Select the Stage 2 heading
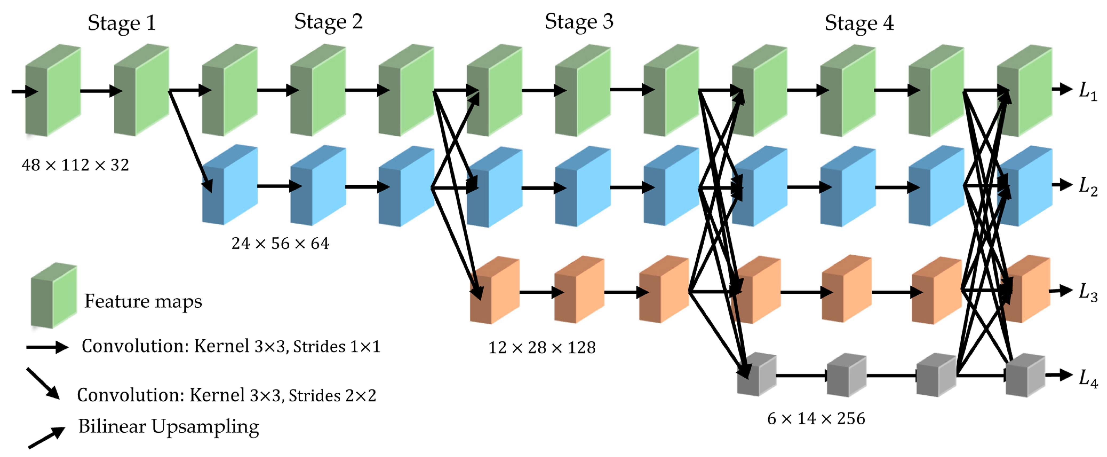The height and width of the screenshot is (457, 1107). [x=328, y=22]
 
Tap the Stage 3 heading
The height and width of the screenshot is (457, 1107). [x=579, y=22]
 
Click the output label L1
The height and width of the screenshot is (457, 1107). [x=1088, y=92]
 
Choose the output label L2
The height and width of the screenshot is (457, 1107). [x=1088, y=187]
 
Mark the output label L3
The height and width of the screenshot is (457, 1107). [x=1088, y=293]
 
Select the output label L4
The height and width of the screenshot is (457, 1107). [x=1088, y=378]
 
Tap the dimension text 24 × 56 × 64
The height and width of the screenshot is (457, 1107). [x=280, y=244]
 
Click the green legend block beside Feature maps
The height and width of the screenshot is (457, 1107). [x=54, y=296]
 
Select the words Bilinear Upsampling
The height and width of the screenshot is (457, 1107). [x=169, y=427]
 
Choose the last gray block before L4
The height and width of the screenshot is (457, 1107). [x=1025, y=375]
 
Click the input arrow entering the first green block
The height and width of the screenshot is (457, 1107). [x=24, y=91]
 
